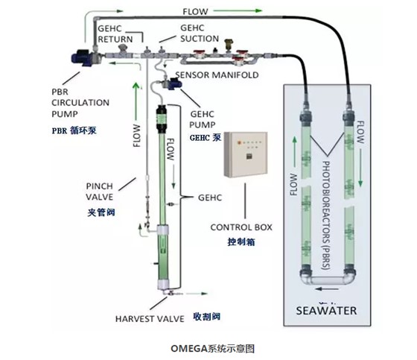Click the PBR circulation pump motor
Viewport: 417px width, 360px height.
tap(83, 57)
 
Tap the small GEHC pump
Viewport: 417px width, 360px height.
tap(173, 83)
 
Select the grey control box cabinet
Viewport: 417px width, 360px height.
tap(246, 154)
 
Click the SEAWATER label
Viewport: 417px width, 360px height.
tap(326, 311)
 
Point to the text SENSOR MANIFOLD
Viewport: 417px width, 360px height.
tap(217, 75)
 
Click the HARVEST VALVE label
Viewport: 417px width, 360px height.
tap(150, 319)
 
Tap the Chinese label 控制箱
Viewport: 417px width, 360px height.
tap(241, 241)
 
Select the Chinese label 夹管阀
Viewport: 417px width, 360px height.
tap(101, 212)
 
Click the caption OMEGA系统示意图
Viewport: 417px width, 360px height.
tap(213, 349)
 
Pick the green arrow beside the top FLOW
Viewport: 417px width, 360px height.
tap(238, 10)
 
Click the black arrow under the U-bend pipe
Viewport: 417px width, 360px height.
tap(327, 289)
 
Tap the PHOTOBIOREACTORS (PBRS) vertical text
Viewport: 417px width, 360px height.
tap(326, 215)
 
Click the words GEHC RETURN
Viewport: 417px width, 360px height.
tap(115, 34)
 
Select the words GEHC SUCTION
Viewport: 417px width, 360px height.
tap(200, 34)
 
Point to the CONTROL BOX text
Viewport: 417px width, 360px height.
tap(241, 227)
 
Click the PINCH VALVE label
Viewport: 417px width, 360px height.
tap(100, 192)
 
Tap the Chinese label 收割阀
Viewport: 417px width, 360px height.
tap(207, 317)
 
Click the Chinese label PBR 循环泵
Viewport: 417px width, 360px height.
tap(74, 130)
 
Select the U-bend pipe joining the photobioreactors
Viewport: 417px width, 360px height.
tap(328, 278)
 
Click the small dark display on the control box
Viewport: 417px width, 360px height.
tap(249, 157)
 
